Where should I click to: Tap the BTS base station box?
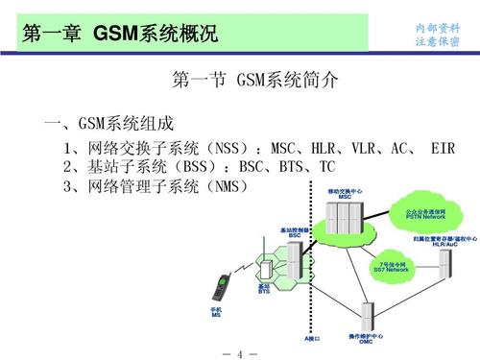point(265,268)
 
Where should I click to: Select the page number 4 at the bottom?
point(240,348)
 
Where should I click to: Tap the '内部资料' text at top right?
point(437,27)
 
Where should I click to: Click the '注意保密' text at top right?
point(437,41)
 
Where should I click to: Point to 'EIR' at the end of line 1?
point(443,149)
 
